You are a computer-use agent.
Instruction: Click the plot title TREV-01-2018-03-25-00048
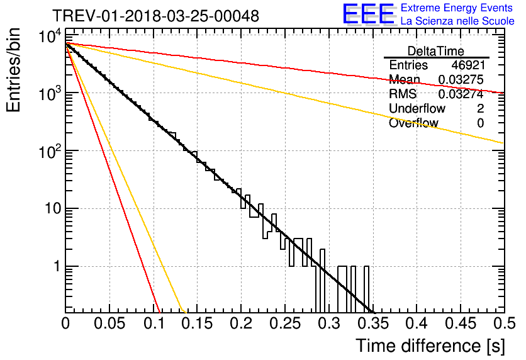click(x=155, y=16)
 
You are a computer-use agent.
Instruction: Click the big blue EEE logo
click(x=368, y=14)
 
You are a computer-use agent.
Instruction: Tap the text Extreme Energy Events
click(x=457, y=8)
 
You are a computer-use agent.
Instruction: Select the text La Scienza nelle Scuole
click(x=457, y=21)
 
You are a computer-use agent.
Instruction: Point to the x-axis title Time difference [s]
click(x=429, y=346)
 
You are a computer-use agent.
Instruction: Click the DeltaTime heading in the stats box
click(x=436, y=51)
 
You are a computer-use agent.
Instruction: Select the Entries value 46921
click(x=467, y=65)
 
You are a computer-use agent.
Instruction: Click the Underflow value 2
click(x=480, y=109)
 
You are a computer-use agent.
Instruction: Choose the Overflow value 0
click(x=480, y=123)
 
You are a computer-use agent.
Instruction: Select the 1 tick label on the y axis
click(x=55, y=267)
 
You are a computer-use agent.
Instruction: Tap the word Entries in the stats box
click(x=408, y=65)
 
